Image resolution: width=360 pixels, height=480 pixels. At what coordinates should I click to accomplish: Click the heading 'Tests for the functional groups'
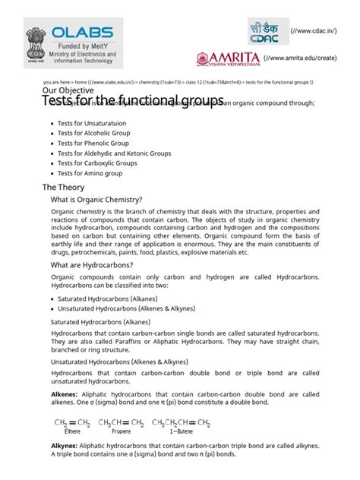click(x=132, y=101)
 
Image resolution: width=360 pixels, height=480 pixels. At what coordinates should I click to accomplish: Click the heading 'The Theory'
click(x=65, y=187)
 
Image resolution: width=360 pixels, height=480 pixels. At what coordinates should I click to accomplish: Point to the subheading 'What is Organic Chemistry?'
click(x=96, y=200)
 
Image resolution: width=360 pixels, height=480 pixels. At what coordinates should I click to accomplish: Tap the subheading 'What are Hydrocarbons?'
click(x=91, y=265)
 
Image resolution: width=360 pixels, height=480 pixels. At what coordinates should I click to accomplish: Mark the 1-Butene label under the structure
click(x=181, y=431)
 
